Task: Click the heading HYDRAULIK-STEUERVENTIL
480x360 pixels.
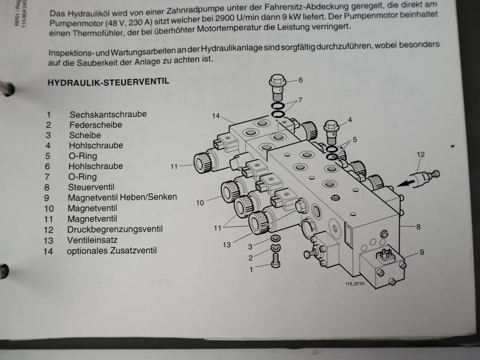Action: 108,82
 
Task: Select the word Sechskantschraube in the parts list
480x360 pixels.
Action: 108,114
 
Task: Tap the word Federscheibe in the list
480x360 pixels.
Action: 96,125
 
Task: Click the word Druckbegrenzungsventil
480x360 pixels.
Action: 115,229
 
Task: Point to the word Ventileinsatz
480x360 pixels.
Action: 92,240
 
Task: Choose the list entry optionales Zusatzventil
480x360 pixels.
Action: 112,251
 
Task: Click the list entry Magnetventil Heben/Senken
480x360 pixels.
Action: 122,197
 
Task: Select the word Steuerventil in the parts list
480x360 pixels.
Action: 91,187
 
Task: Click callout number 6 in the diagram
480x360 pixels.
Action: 300,80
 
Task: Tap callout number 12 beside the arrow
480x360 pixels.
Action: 421,154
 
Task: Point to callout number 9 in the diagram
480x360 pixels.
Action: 422,252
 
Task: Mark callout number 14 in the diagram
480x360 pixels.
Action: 216,115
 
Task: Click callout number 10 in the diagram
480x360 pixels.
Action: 200,202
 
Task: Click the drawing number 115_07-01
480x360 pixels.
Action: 355,283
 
